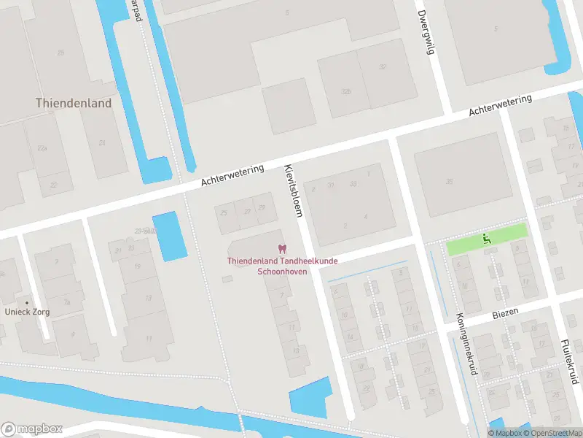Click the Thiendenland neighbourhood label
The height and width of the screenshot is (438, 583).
coord(74,103)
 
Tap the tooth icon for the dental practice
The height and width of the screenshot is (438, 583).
coord(281,250)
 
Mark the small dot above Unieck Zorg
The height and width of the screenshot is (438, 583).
coord(27,302)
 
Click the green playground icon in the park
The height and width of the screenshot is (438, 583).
coord(485,238)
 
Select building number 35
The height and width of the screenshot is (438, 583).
coord(450,182)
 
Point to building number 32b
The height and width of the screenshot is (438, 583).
coord(346,92)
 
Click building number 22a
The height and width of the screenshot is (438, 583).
coord(42,148)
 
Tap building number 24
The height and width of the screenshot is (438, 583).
coord(102,143)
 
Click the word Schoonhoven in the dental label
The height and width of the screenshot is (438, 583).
coord(282,271)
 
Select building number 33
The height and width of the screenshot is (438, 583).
coord(353,184)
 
